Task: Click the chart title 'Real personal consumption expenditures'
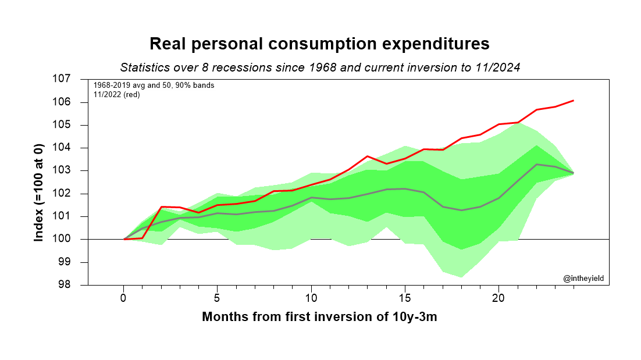(319, 44)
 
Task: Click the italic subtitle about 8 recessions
(319, 67)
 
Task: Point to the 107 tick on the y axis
(77, 79)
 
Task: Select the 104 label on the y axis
(77, 148)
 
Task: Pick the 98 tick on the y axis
(80, 285)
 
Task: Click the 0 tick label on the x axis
(123, 298)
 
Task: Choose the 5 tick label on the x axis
(217, 298)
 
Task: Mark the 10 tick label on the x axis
(311, 298)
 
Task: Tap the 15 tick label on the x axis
(405, 298)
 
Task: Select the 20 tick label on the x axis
(498, 298)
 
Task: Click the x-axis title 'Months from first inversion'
(319, 318)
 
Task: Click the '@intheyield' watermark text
(583, 279)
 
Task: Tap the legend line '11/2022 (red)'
(116, 94)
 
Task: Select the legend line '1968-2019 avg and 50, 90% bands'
(154, 85)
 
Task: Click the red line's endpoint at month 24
(574, 101)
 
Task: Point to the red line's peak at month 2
(161, 206)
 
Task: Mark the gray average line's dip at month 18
(461, 210)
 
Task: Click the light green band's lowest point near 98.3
(461, 277)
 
